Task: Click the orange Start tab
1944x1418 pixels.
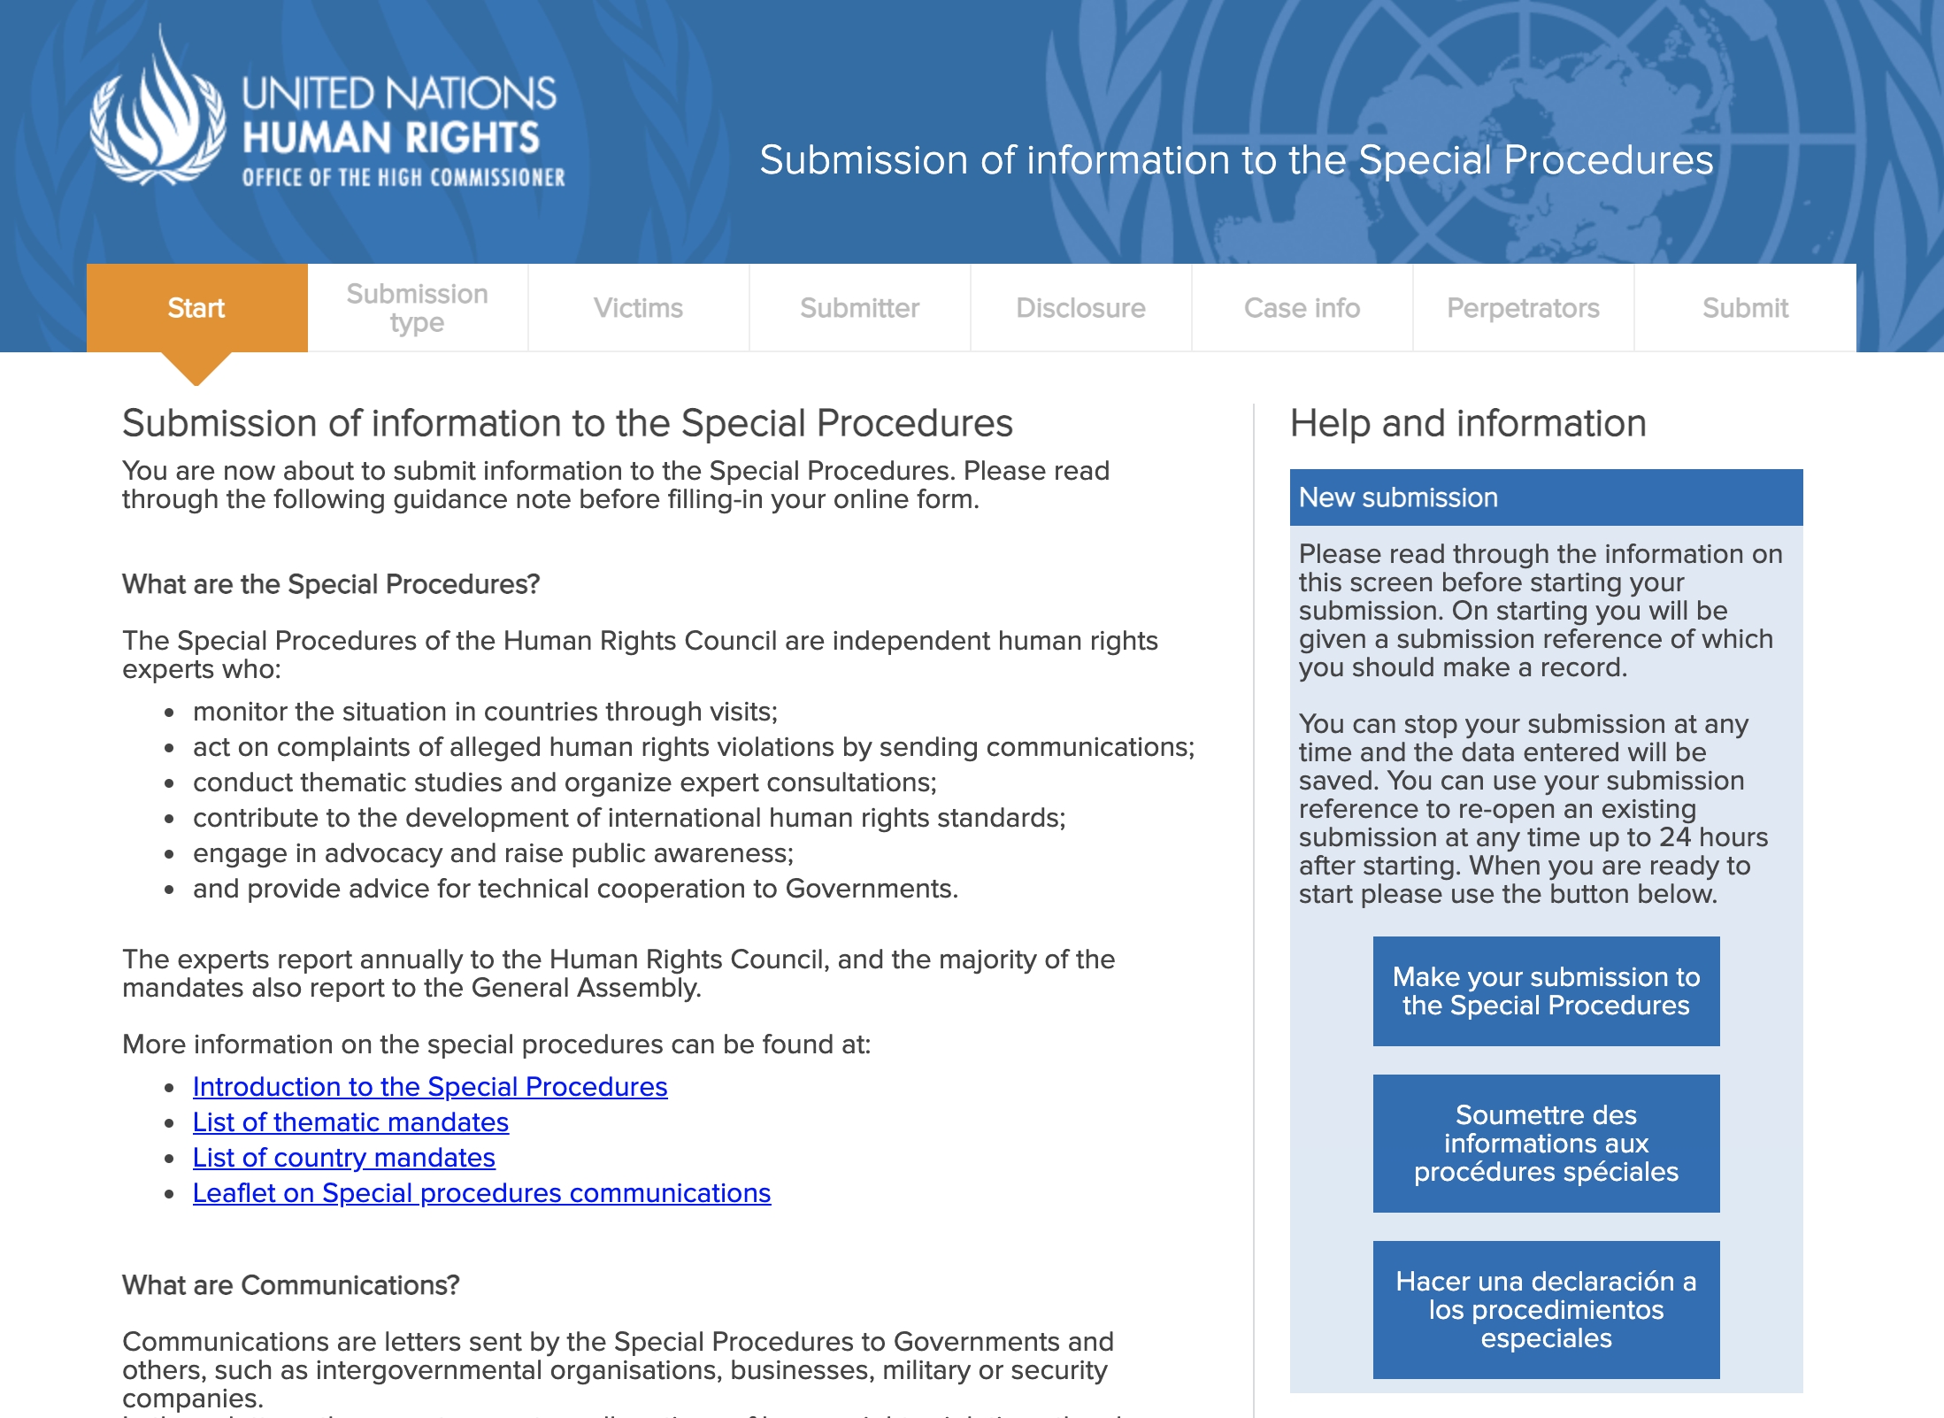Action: (196, 308)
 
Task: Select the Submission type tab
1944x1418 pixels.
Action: (417, 308)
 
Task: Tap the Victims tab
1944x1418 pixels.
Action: (638, 308)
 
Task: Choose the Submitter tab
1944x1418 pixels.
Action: (859, 308)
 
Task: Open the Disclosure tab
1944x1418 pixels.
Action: (1080, 308)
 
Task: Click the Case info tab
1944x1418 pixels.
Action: (1302, 308)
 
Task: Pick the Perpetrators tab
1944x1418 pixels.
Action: (1523, 308)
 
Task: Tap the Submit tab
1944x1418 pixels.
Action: (1745, 308)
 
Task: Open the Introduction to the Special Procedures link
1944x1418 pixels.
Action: (430, 1087)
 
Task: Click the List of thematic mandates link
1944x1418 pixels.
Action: (350, 1122)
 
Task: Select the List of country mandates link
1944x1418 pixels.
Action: (343, 1158)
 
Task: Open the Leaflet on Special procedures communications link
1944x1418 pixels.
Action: (481, 1193)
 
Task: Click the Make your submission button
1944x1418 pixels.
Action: (1546, 991)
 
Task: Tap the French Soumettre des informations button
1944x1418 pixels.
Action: (1546, 1144)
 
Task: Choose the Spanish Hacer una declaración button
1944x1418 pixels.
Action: (1546, 1310)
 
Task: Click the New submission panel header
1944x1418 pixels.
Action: (1546, 497)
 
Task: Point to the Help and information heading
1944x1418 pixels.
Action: (1468, 424)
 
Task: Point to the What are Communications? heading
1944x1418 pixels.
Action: (291, 1285)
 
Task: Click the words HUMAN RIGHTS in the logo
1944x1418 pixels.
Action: (390, 138)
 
